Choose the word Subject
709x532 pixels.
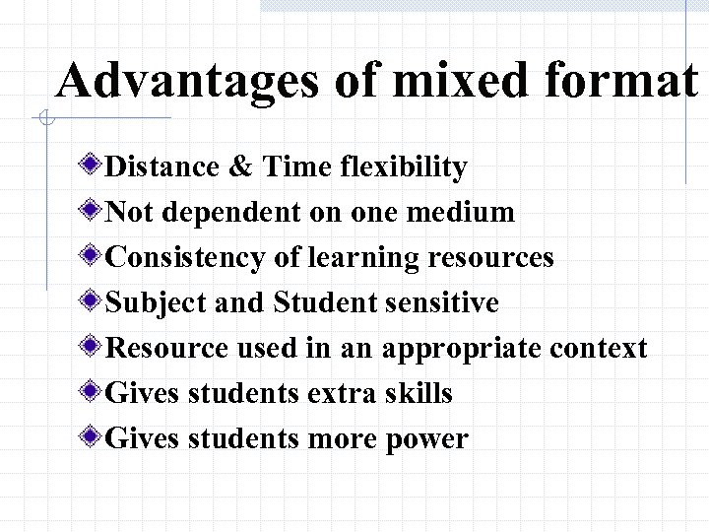151,302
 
